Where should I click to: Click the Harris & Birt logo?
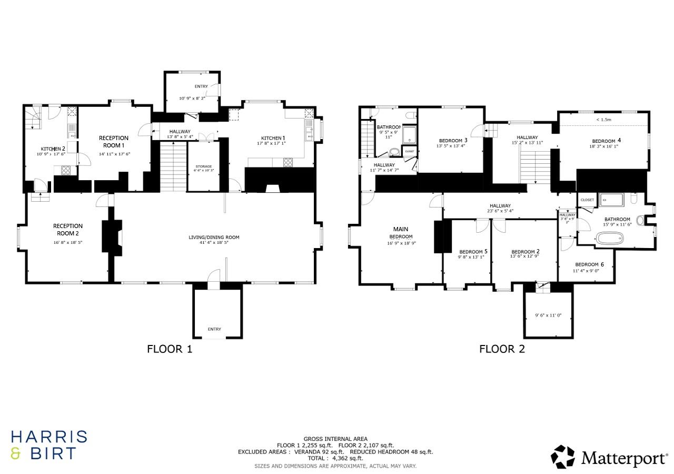(49, 445)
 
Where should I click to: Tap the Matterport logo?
(609, 457)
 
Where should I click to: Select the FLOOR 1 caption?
(170, 349)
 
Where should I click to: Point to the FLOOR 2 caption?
(502, 349)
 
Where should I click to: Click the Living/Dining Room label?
(214, 238)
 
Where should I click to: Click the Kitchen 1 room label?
(271, 138)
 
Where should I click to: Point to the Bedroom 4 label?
(603, 141)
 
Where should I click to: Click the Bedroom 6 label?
(586, 264)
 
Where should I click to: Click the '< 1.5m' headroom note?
(603, 120)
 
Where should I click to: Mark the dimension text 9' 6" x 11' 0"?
(548, 315)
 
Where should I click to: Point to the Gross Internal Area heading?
(335, 439)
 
